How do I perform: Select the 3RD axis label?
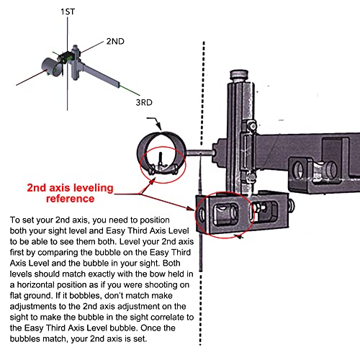(144, 103)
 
